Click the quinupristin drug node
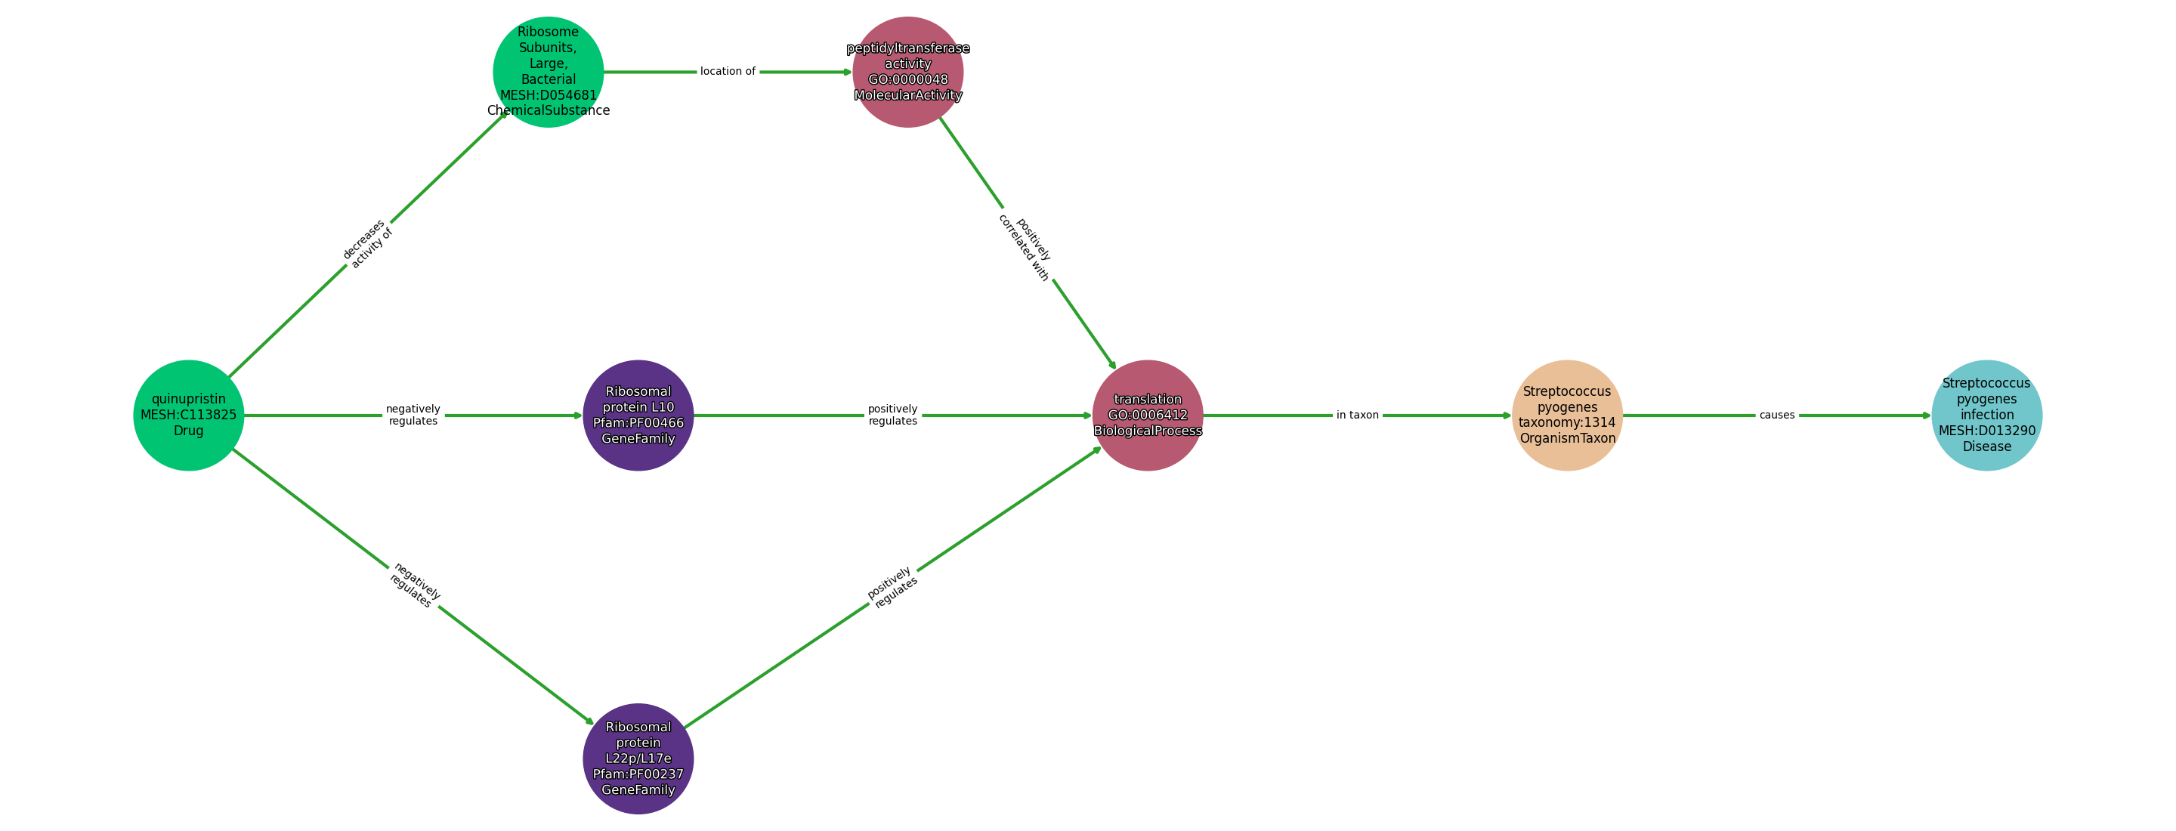(188, 415)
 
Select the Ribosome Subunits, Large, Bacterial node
(549, 72)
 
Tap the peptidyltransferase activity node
(908, 72)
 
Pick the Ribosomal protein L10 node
(638, 415)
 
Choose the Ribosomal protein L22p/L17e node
(638, 758)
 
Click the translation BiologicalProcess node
(1147, 415)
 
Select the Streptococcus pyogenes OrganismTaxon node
(1567, 415)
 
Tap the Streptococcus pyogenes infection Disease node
(1987, 415)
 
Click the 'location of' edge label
(728, 72)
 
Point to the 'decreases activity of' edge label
(367, 244)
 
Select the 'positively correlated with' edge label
(1025, 249)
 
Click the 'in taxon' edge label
(1358, 415)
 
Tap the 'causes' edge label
(1777, 415)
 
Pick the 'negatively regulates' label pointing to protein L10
(413, 415)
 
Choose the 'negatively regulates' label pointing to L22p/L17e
(414, 585)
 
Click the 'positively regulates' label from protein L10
(893, 415)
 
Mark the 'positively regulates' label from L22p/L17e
(893, 587)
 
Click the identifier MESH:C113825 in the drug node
(188, 415)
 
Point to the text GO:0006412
(1147, 415)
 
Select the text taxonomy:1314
(1567, 422)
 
